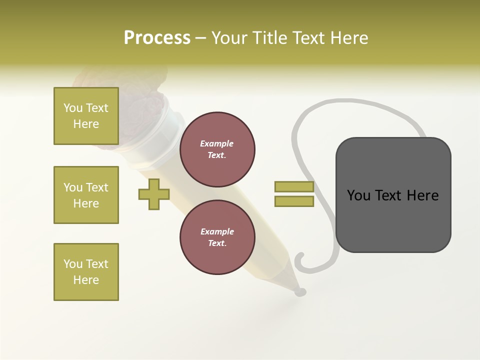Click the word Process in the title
point(157,37)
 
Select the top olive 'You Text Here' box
point(86,116)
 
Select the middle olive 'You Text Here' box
point(86,195)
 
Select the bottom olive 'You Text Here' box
point(86,272)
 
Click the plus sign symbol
point(154,194)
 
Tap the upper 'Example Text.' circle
point(217,149)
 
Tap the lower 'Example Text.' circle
point(217,237)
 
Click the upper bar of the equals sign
point(294,187)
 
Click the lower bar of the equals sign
point(294,201)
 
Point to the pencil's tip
point(300,291)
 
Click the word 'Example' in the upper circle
point(217,143)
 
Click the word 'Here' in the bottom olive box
point(86,280)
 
